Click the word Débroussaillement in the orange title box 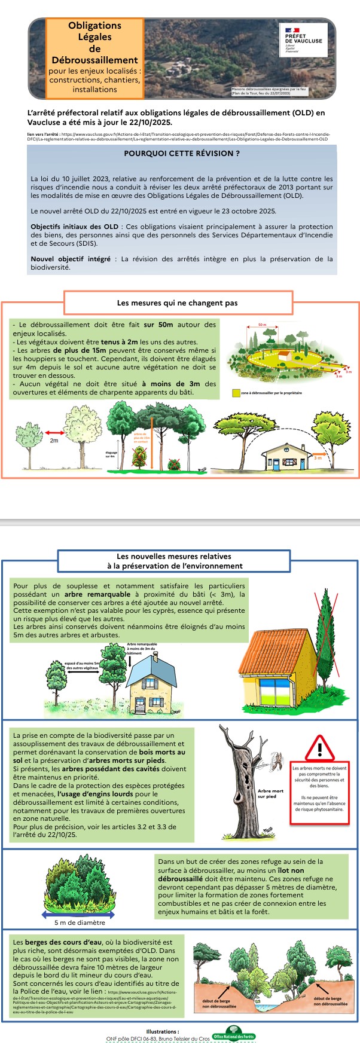click(x=94, y=60)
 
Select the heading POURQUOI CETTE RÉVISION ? click(x=182, y=154)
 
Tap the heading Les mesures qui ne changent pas click(x=178, y=303)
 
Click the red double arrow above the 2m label click(x=55, y=433)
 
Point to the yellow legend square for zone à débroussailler click(x=236, y=394)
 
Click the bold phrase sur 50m click(x=158, y=325)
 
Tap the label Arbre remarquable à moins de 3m click(x=141, y=648)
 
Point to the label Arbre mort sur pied click(x=270, y=793)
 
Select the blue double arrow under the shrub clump click(x=78, y=915)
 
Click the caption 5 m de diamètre click(x=80, y=923)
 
